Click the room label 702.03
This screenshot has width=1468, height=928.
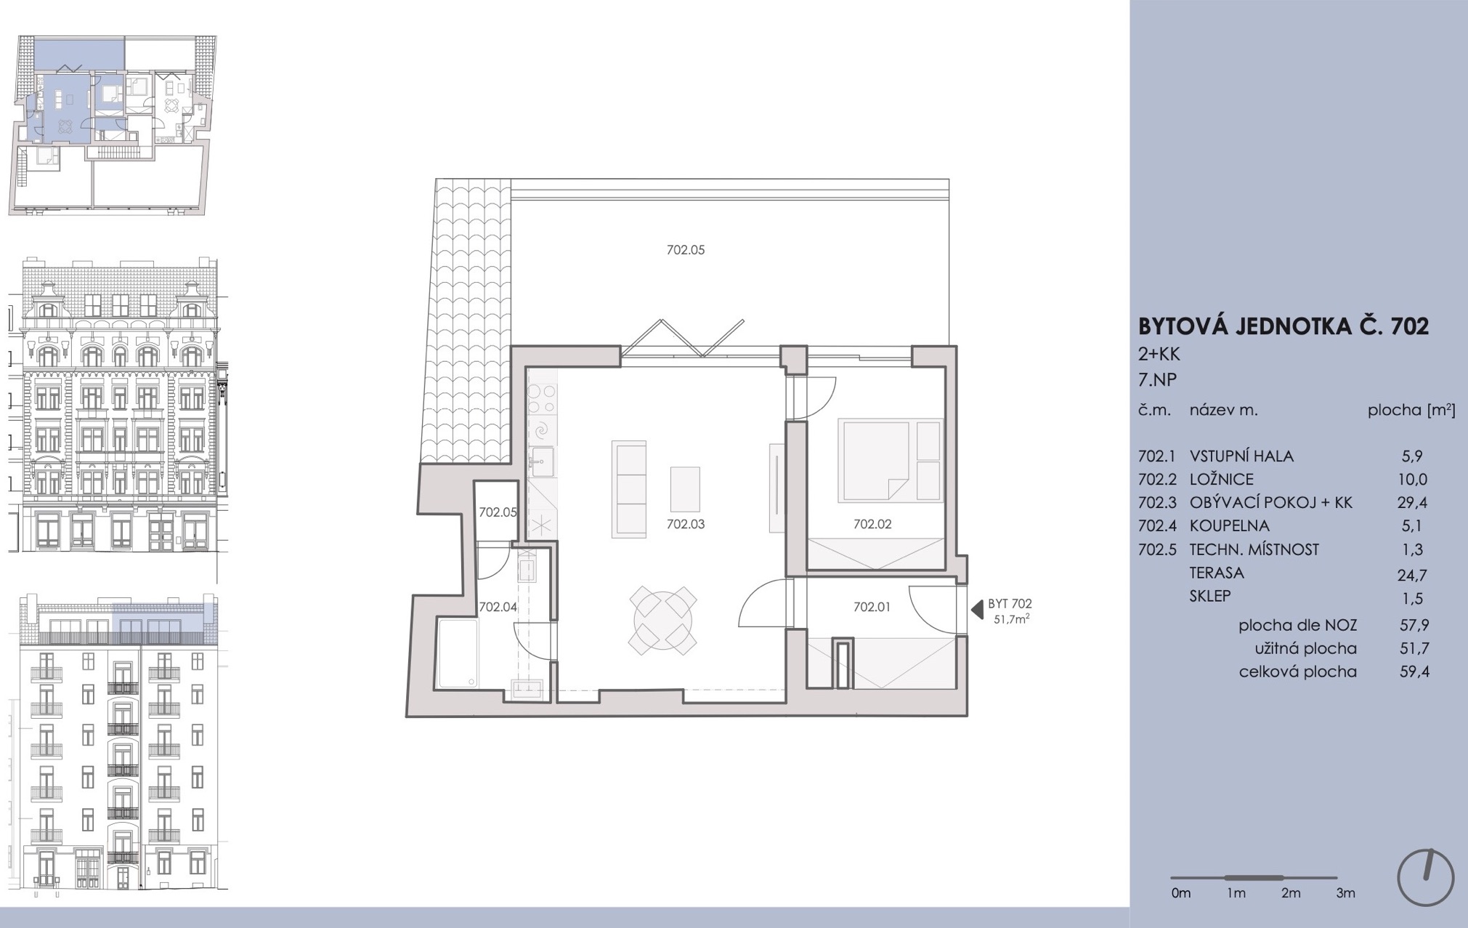[686, 524]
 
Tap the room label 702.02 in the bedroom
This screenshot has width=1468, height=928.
[872, 524]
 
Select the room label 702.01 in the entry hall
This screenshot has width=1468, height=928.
[872, 607]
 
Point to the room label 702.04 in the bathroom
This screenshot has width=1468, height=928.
[498, 607]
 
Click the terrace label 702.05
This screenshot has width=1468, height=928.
[686, 250]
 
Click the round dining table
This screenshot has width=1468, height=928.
[663, 620]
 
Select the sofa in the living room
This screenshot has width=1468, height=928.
[629, 489]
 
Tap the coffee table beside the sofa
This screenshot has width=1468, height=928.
[685, 489]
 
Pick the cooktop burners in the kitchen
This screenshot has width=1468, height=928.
[542, 398]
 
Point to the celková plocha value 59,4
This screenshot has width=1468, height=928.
[1414, 671]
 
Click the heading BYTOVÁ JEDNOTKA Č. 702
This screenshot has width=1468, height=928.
[1284, 326]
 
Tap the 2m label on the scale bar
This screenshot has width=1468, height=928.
[1291, 893]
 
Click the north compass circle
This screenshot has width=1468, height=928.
[1426, 878]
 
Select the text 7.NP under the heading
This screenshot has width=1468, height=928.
[1157, 379]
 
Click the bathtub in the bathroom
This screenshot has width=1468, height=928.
[458, 653]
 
